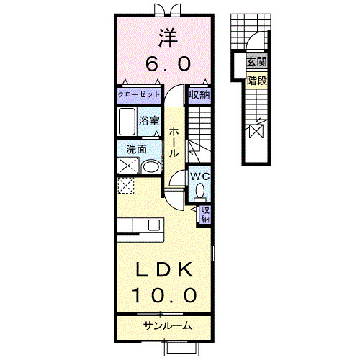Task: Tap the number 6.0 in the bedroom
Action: click(x=168, y=64)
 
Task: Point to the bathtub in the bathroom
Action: click(x=127, y=121)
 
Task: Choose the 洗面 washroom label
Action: click(x=136, y=150)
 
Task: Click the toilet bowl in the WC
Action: click(x=199, y=192)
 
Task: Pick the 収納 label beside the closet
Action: click(x=199, y=94)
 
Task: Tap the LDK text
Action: click(x=165, y=270)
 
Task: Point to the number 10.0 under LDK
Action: click(x=164, y=294)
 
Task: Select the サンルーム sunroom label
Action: click(x=165, y=325)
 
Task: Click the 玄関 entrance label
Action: click(x=256, y=62)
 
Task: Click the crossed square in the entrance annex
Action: click(x=255, y=132)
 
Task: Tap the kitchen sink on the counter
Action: click(x=154, y=225)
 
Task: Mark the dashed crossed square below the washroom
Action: click(x=126, y=186)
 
